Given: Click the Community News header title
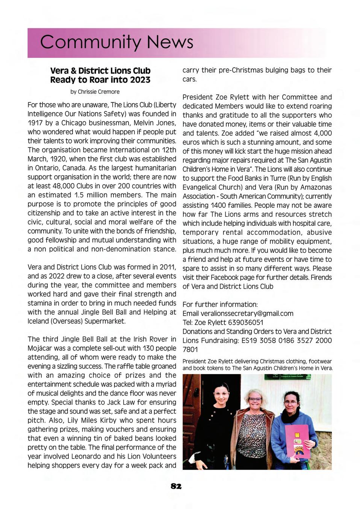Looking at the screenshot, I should [x=116, y=42].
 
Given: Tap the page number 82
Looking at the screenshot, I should [x=176, y=486].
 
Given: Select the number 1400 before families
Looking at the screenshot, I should [x=219, y=205].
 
